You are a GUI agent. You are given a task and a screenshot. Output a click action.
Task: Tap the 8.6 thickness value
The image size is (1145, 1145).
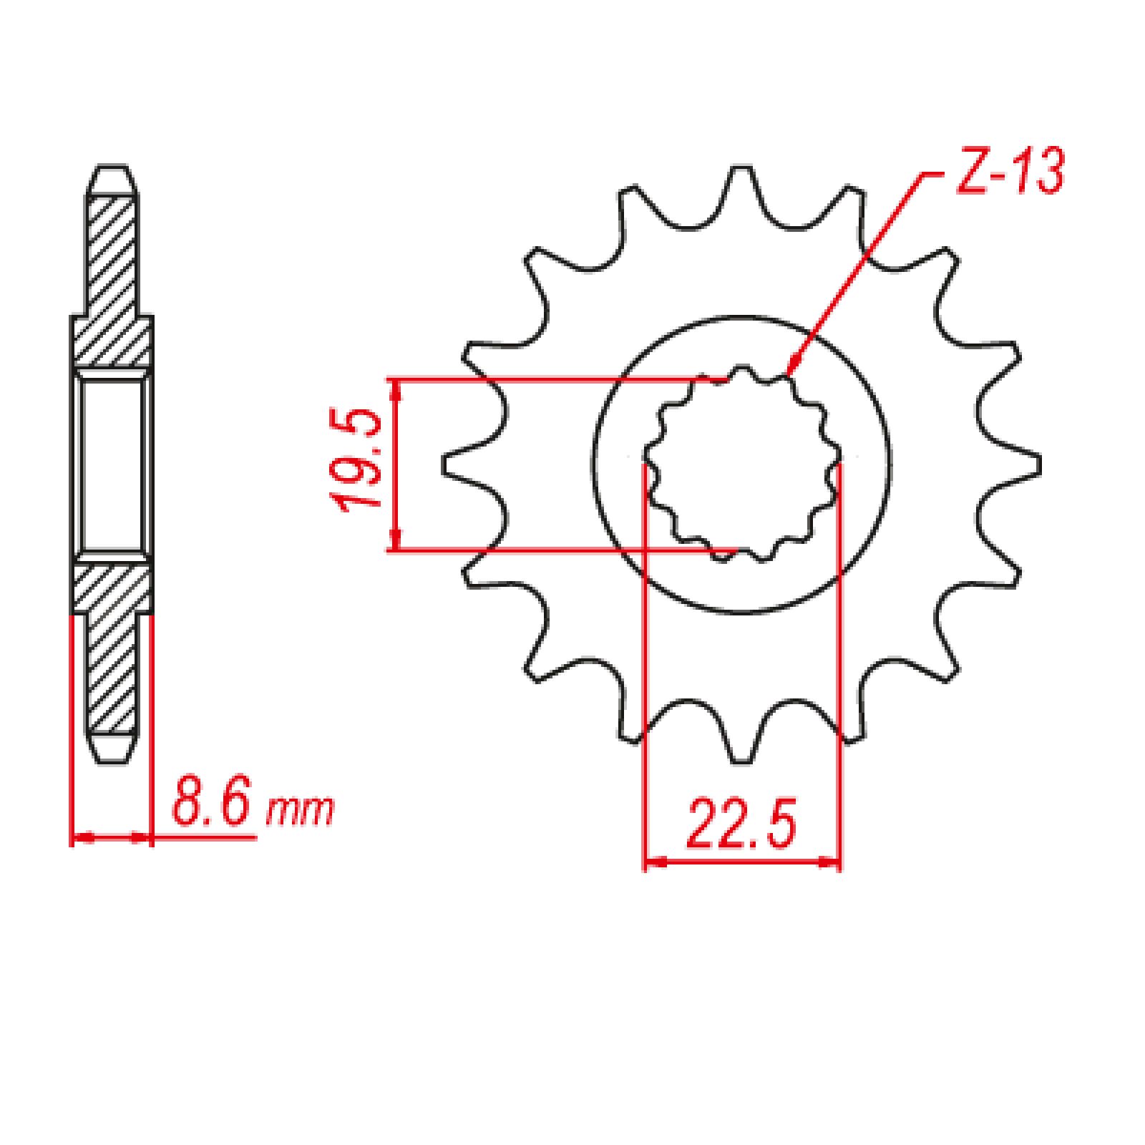(x=211, y=806)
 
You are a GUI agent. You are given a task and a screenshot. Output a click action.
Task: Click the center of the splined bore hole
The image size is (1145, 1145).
(x=742, y=465)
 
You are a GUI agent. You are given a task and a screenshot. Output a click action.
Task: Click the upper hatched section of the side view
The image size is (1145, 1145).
(x=112, y=279)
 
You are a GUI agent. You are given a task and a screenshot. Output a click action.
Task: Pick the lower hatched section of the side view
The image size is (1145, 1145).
(x=112, y=644)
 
